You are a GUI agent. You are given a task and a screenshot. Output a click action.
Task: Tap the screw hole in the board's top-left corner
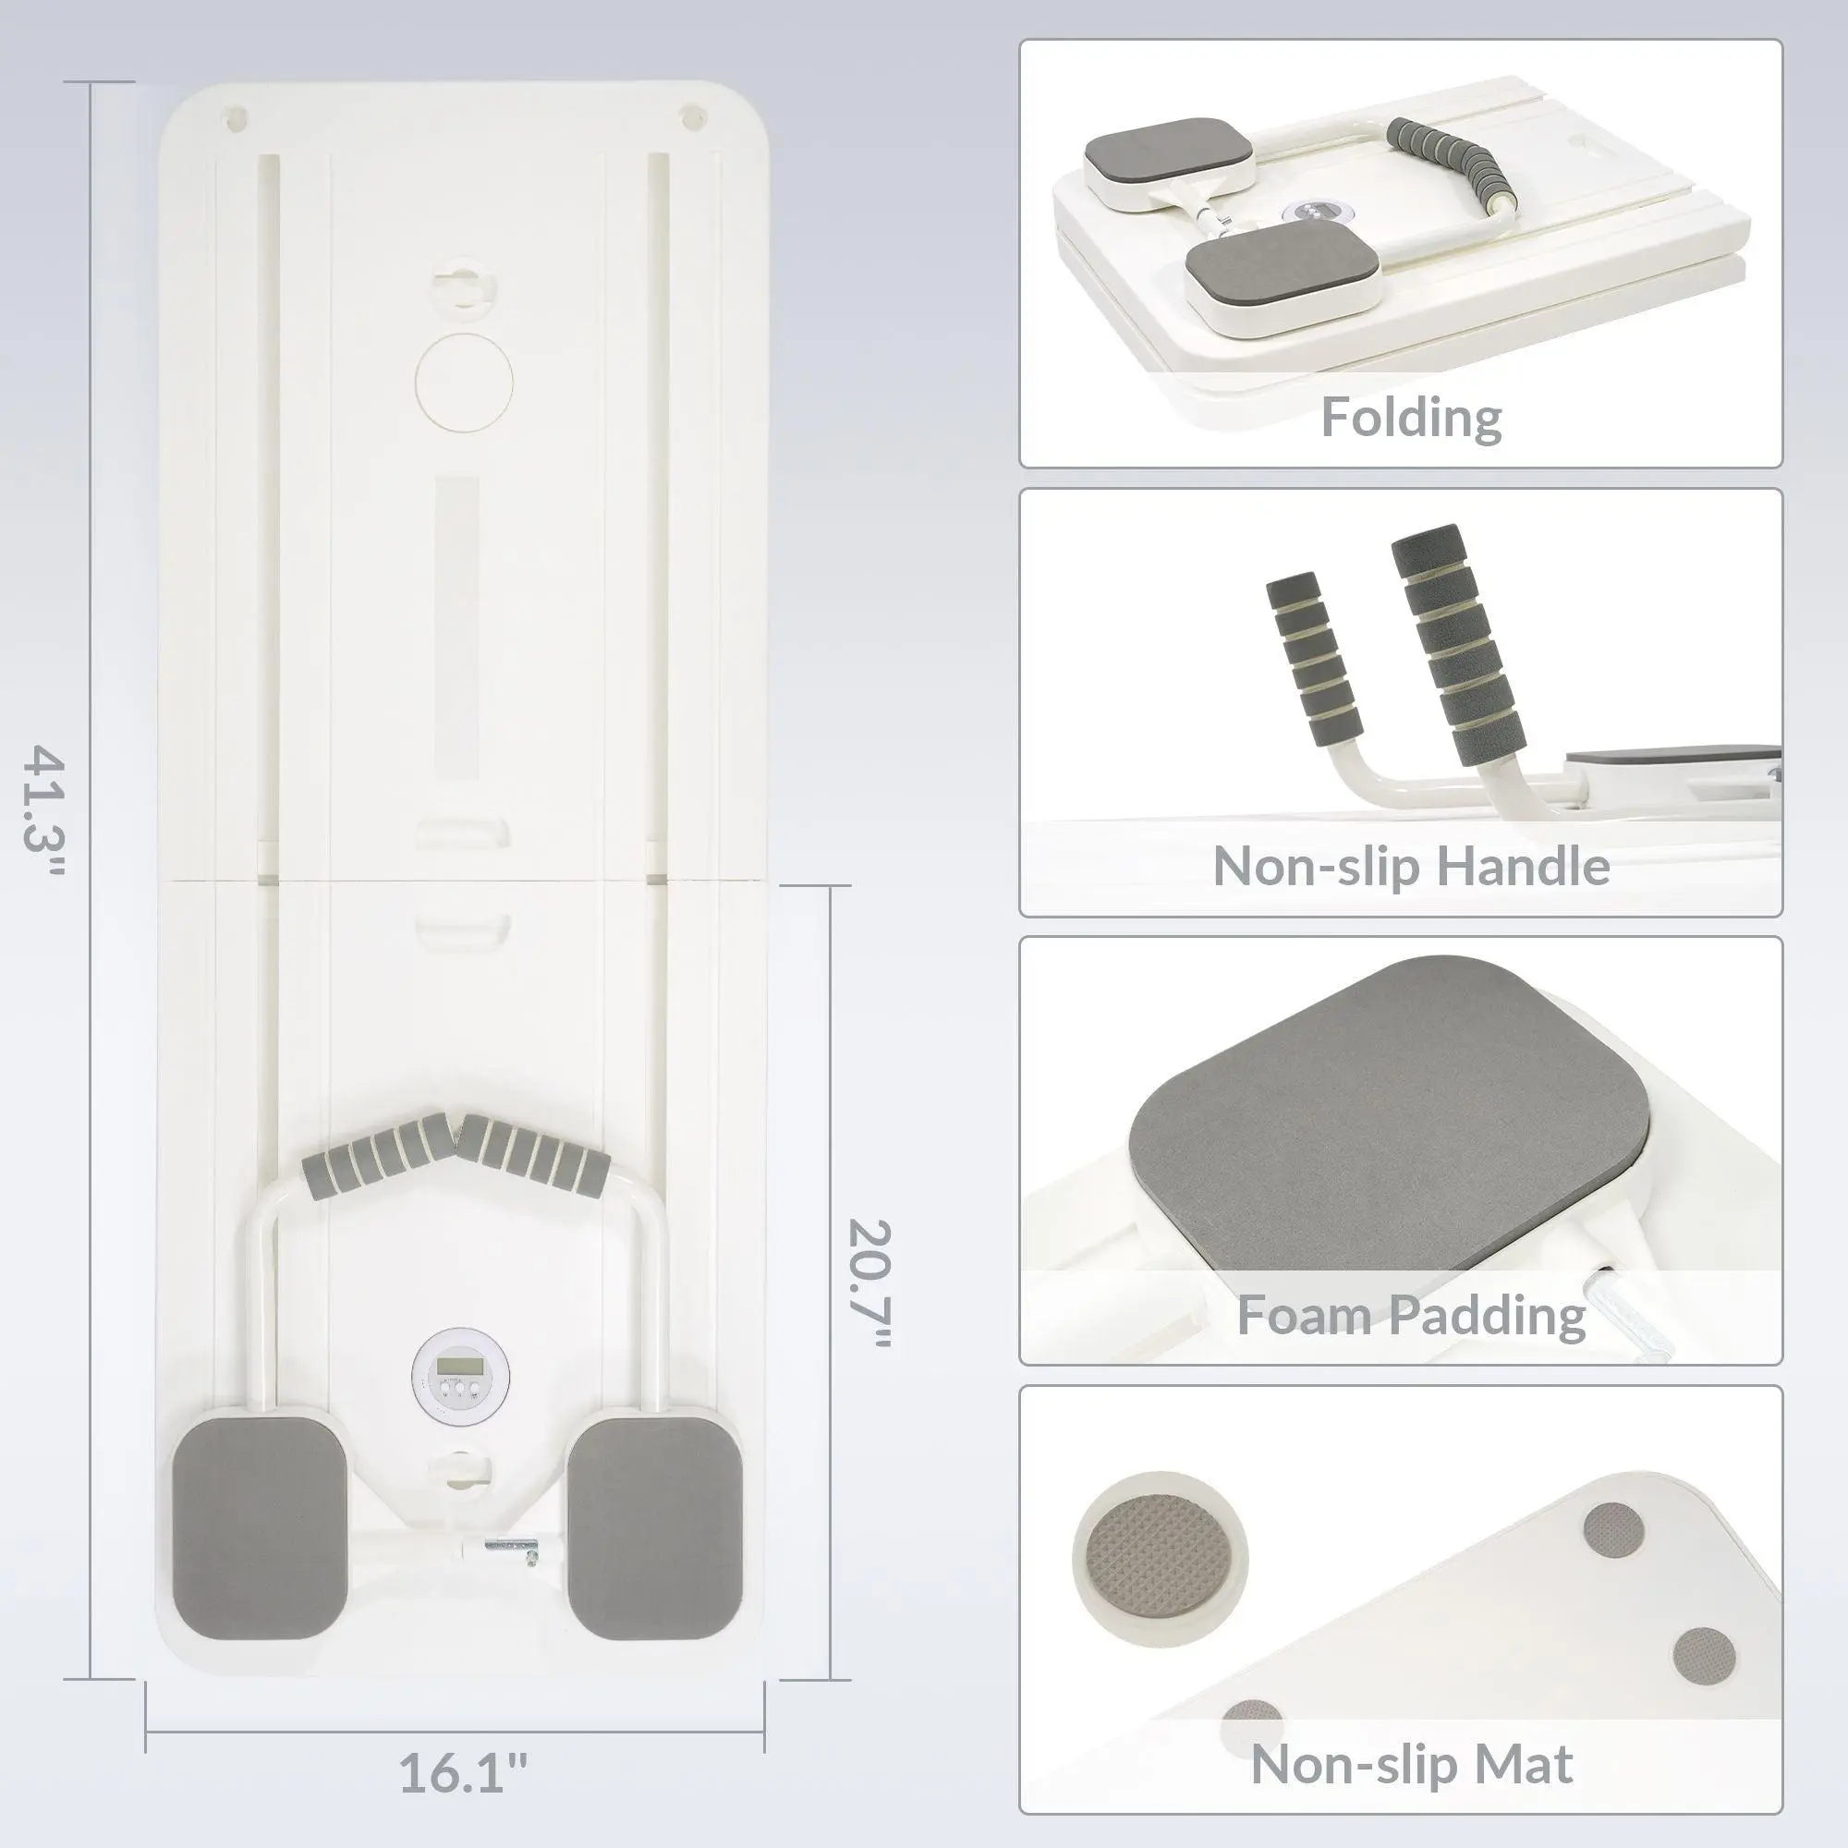pyautogui.click(x=237, y=118)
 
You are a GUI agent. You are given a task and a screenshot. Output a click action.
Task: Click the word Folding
pyautogui.click(x=1411, y=418)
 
